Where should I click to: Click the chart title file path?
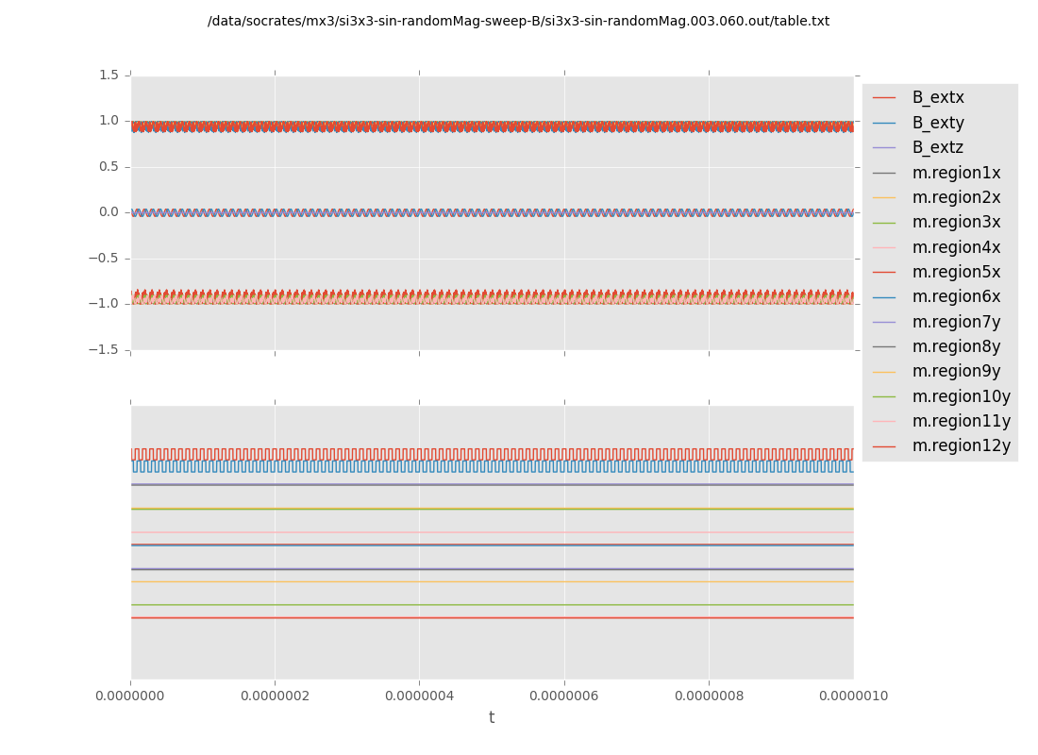coord(518,22)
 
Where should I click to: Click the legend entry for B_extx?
coord(937,98)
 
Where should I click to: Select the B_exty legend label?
coord(937,123)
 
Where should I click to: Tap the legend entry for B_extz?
coord(937,148)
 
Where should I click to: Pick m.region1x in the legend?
coord(955,173)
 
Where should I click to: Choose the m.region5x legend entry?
coord(955,272)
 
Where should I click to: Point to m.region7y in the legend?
coord(955,322)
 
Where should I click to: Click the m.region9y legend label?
coord(955,372)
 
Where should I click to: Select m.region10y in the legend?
coord(960,396)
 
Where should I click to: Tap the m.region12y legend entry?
coord(960,445)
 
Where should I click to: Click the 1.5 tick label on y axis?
coord(109,75)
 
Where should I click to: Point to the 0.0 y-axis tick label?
coord(109,212)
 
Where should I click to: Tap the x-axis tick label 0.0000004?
coord(420,696)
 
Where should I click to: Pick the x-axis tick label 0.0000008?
coord(709,696)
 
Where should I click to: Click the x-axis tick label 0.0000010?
coord(853,696)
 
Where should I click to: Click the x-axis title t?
coord(492,718)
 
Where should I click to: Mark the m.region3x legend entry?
coord(955,223)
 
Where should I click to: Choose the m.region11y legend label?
coord(960,421)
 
